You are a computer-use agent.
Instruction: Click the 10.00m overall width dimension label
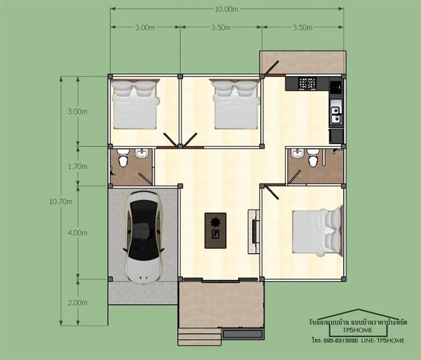click(226, 9)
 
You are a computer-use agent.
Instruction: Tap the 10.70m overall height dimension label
click(60, 202)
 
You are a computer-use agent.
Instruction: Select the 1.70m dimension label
click(77, 167)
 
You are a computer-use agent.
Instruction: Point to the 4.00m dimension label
click(77, 233)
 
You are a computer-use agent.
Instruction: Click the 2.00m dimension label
click(77, 303)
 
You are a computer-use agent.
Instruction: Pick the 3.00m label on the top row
click(145, 28)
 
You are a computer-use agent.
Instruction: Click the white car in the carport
click(143, 238)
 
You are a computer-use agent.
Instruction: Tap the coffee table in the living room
click(215, 231)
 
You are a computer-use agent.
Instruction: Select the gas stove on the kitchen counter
click(308, 84)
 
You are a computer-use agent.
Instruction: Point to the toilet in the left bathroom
click(123, 158)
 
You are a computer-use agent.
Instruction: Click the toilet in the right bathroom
click(313, 158)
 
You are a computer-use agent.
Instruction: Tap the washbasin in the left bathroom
click(141, 153)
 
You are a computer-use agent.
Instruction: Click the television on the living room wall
click(254, 231)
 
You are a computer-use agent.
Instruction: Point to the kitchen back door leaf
click(272, 67)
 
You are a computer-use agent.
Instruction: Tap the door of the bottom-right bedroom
click(271, 192)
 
